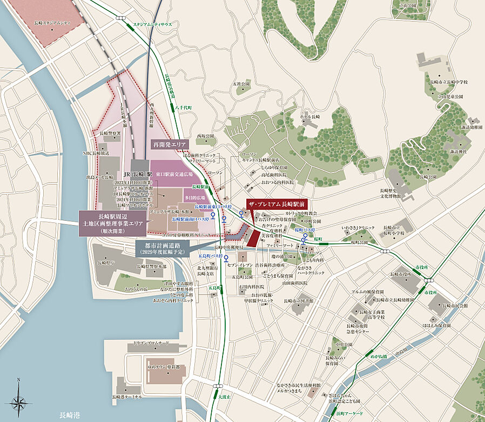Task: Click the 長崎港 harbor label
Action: [x=70, y=415]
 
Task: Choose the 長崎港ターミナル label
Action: [x=127, y=397]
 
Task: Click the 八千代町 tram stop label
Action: [x=184, y=108]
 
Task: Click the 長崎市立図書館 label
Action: [x=297, y=300]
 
